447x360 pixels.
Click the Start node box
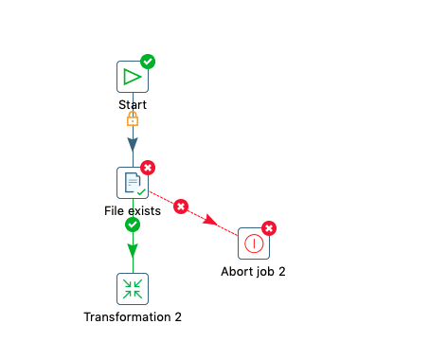pos(133,77)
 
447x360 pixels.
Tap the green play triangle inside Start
pos(133,77)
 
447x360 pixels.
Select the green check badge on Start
pos(148,62)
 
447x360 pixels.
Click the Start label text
pos(133,104)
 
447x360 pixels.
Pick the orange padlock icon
pos(133,118)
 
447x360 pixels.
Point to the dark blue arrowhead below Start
pos(133,145)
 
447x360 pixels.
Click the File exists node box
pos(133,183)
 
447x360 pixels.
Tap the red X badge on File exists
pos(148,168)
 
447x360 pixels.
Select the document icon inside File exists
pos(133,183)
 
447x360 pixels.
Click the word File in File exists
pos(114,210)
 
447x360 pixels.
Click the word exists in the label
pos(144,210)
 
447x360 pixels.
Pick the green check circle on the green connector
pos(133,225)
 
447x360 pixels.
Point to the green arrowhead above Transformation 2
pos(133,251)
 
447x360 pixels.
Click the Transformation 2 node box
pos(133,289)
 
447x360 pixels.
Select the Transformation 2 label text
pos(133,316)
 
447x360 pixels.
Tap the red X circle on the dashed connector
pos(181,207)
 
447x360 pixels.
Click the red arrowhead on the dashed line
pos(210,220)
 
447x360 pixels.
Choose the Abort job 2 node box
pos(254,243)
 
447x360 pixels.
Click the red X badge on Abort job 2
pos(269,228)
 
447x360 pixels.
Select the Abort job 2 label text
pos(253,272)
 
